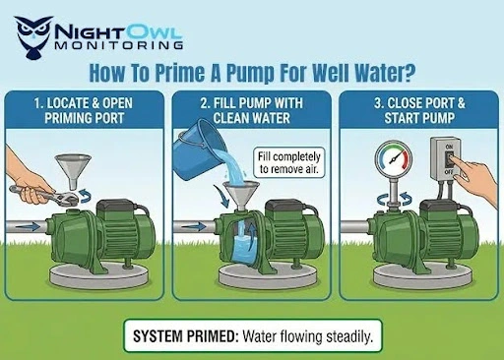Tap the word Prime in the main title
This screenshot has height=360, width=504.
tap(189, 72)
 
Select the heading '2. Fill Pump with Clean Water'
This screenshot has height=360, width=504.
tap(251, 110)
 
